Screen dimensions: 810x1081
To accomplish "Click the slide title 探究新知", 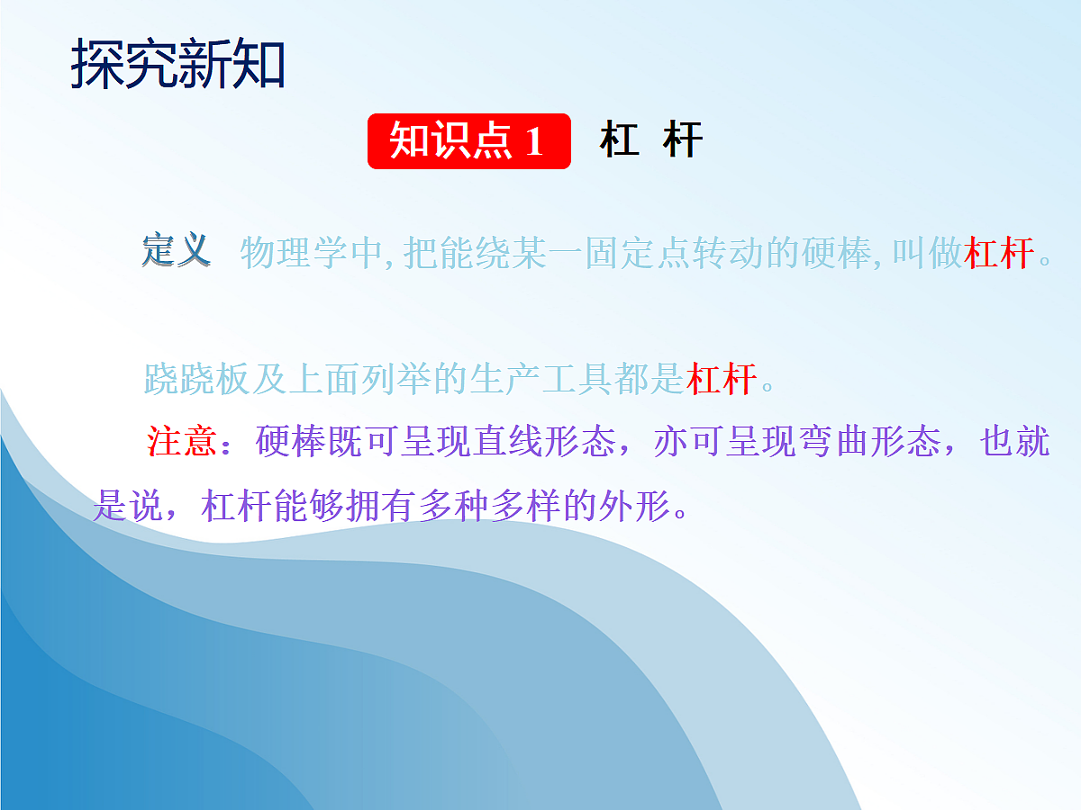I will (x=177, y=65).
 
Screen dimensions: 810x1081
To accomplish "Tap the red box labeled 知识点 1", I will (x=468, y=141).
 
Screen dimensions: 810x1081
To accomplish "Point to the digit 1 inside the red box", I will (x=533, y=142).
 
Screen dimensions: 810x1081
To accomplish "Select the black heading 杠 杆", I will (x=650, y=141).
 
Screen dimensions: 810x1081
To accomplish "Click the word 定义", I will (x=177, y=251).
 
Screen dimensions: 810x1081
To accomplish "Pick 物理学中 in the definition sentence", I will (x=311, y=254).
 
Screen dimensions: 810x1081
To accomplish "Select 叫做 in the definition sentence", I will (x=927, y=254).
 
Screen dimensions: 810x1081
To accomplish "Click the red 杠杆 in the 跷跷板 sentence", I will (x=721, y=380).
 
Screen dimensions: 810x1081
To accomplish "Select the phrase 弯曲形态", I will (x=868, y=443).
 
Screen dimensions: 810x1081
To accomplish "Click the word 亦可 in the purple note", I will (x=688, y=443).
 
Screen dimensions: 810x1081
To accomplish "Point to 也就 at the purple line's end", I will (x=1014, y=443).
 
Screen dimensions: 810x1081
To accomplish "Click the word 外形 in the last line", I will (x=634, y=508).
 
